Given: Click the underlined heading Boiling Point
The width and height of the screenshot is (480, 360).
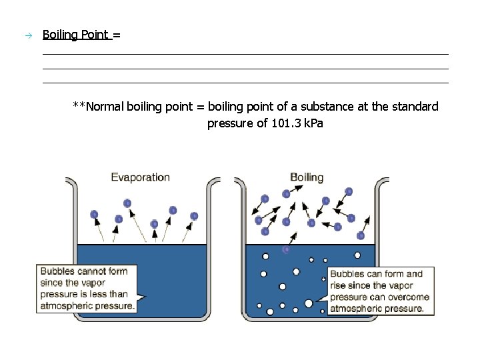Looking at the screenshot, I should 76,35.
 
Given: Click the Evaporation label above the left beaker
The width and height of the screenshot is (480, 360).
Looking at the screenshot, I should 140,177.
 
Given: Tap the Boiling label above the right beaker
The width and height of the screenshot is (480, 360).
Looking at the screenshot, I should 307,177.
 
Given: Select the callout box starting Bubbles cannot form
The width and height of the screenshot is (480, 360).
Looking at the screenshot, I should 87,289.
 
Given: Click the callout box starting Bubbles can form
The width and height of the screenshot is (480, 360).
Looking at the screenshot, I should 380,291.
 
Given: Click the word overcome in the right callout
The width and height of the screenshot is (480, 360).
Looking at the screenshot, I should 407,297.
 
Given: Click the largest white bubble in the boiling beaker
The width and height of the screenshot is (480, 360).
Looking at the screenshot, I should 309,303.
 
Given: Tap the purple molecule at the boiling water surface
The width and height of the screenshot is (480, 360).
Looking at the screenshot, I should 287,249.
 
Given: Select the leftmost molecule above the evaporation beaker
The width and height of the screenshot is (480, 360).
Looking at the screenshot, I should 94,215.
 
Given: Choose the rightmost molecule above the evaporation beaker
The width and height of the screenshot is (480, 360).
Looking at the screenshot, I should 194,216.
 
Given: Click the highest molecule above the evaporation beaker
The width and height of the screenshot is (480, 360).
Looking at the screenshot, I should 127,203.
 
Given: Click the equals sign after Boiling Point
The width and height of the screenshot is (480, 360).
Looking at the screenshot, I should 117,35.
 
